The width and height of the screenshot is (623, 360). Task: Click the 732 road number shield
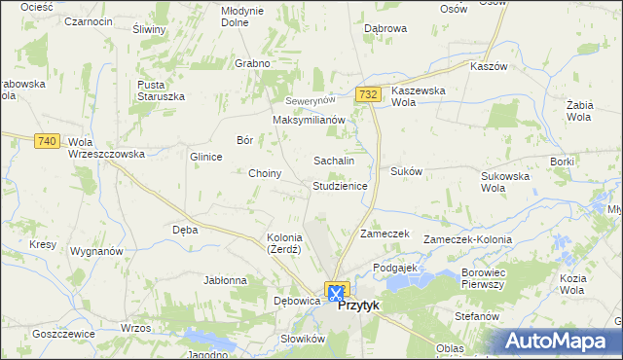tap(367, 94)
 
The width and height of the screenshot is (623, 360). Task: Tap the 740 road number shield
tap(46, 141)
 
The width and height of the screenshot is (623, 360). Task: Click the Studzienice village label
tap(340, 185)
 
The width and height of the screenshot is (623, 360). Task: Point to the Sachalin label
tap(333, 161)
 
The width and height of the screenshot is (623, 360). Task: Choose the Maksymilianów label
tap(310, 120)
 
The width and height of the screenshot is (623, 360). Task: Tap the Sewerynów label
tap(310, 101)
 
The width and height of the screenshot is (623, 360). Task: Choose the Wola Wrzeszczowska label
tap(106, 148)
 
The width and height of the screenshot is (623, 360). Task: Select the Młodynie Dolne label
tap(242, 16)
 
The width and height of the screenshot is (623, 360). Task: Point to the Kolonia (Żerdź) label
tap(284, 243)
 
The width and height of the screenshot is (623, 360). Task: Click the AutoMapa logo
tap(560, 341)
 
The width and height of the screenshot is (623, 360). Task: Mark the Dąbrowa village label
tap(385, 29)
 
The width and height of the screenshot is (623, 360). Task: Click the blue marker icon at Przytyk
tap(337, 291)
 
